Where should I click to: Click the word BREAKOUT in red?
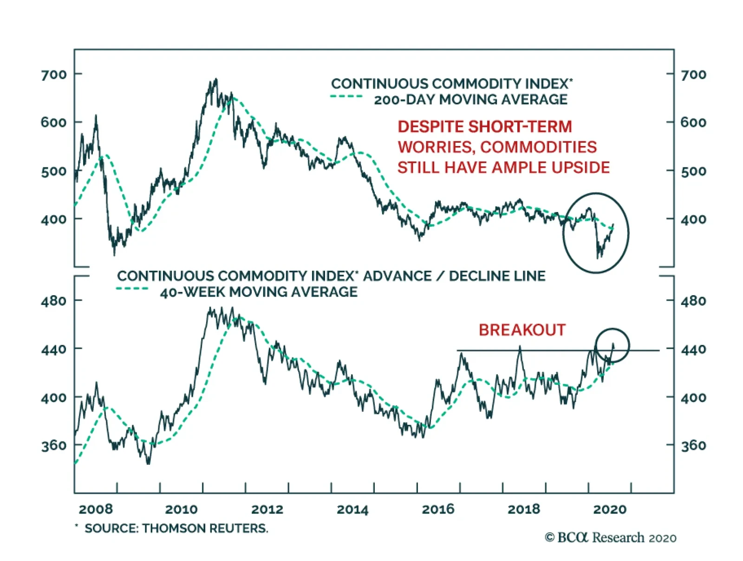pos(522,330)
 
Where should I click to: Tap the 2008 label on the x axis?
pos(96,509)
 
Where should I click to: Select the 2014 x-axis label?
pos(352,509)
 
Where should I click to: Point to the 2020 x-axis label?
pos(610,509)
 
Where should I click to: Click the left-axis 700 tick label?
pos(54,74)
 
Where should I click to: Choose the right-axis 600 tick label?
pos(693,123)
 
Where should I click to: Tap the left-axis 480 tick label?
pos(54,301)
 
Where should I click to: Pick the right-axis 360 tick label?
pos(693,446)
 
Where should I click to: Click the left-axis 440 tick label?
pos(54,349)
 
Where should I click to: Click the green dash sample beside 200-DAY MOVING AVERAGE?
pos(346,97)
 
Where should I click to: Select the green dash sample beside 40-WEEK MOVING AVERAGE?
pos(132,289)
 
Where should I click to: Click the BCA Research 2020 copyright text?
pos(610,538)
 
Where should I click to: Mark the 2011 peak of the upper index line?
pos(215,79)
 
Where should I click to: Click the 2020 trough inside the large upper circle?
pos(598,257)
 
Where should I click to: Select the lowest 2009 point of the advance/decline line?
pos(149,463)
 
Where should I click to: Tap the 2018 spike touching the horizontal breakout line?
pos(520,346)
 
